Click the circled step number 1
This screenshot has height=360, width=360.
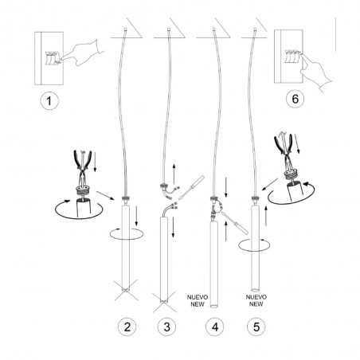coord(49,101)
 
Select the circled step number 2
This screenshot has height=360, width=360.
coord(127,327)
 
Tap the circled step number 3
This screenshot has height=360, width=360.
coord(166,327)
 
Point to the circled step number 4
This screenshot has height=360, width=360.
coord(215,327)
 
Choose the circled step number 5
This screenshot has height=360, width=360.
coord(256,327)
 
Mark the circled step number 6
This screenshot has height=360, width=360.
coord(295,99)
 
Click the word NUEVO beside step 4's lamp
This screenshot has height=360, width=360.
coord(198,297)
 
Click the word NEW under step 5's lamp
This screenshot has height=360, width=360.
coord(256,304)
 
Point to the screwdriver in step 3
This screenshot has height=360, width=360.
coord(192,186)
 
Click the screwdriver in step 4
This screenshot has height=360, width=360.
coord(235,222)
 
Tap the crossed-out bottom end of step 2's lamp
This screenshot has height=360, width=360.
coord(127,290)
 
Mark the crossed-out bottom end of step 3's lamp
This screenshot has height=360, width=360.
coord(165,302)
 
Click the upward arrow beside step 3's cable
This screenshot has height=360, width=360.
coord(174,174)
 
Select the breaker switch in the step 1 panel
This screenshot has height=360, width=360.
coord(53,58)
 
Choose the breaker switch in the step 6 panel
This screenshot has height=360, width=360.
coord(292,57)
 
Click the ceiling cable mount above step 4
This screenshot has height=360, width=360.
coord(213,29)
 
